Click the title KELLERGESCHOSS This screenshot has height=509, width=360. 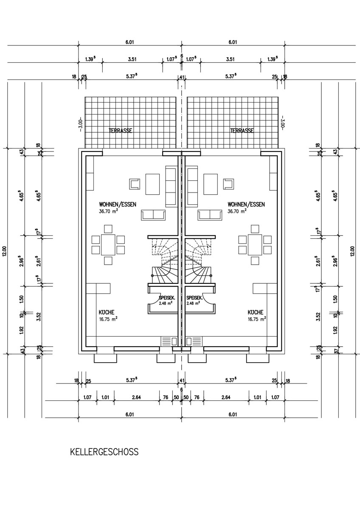click(104, 452)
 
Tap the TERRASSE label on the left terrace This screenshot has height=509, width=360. click(120, 131)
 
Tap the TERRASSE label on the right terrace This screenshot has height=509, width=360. click(242, 131)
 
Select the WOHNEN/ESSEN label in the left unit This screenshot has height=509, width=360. click(118, 204)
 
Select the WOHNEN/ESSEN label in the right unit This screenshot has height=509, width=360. click(246, 204)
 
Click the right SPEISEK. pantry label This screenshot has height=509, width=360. click(195, 298)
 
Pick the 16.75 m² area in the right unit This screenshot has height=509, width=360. click(257, 319)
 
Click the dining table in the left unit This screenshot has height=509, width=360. click(108, 244)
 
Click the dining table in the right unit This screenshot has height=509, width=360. click(255, 244)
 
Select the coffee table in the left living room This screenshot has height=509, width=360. click(152, 184)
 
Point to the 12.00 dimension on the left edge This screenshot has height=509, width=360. click(5, 251)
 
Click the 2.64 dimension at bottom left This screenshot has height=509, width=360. click(137, 397)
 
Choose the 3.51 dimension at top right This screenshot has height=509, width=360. click(231, 59)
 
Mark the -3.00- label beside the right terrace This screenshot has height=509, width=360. click(281, 124)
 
